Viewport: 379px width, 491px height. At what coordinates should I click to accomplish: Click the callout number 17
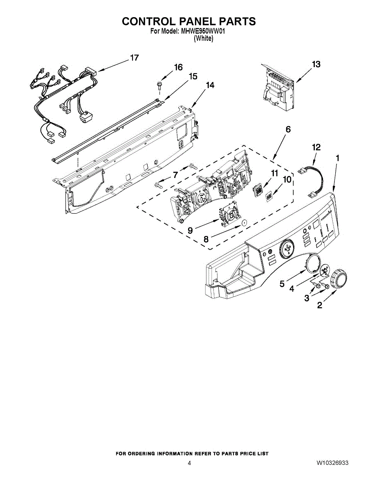(x=135, y=58)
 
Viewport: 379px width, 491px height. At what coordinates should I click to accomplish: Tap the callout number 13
(x=316, y=64)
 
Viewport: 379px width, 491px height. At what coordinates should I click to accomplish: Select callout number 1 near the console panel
(x=337, y=158)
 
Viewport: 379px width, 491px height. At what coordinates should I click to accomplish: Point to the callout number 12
(x=316, y=147)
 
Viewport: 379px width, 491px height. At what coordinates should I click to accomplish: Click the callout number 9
(x=191, y=231)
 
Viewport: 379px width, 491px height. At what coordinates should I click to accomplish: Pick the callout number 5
(x=282, y=284)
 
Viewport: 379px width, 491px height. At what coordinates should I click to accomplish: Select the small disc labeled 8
(x=244, y=223)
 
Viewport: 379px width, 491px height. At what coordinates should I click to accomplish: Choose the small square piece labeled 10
(x=269, y=197)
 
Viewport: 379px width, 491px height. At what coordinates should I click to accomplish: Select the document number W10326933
(x=332, y=463)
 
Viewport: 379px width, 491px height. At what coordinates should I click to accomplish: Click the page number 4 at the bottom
(x=189, y=463)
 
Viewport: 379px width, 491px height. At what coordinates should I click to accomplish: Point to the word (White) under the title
(x=203, y=38)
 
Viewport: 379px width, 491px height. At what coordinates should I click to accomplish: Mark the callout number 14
(x=210, y=85)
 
